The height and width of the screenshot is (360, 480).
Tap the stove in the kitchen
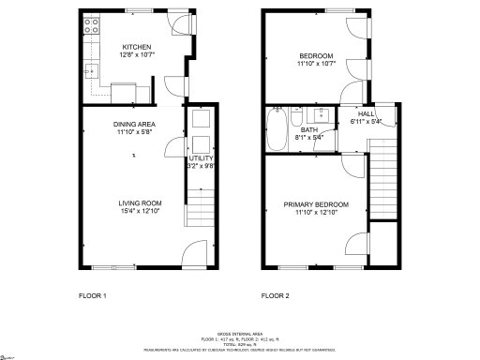click(x=91, y=28)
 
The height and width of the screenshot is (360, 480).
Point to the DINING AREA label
click(x=135, y=124)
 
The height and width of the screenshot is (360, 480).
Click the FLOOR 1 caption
click(x=93, y=295)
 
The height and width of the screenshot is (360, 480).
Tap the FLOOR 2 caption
click(x=276, y=295)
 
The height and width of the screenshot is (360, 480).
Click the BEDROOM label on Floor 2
click(x=317, y=57)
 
